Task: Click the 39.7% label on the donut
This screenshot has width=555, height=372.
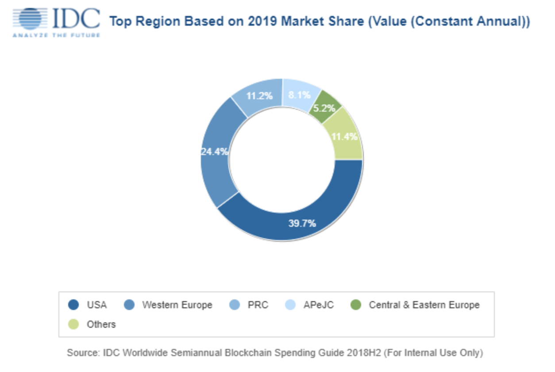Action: (x=303, y=224)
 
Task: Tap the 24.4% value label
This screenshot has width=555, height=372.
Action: (x=215, y=152)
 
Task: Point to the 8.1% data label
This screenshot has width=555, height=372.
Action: (x=300, y=95)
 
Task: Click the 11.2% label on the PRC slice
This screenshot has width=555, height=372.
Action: (x=259, y=96)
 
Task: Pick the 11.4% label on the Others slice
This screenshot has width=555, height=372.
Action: (x=344, y=136)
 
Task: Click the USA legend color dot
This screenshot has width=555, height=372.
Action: (x=73, y=305)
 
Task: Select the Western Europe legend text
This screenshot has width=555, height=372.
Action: (x=177, y=305)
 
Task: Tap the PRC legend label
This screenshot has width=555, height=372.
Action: (x=258, y=305)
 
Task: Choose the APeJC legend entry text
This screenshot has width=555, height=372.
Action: (x=319, y=305)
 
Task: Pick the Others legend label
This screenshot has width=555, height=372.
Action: (x=101, y=324)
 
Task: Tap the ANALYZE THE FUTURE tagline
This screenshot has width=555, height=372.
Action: (x=56, y=35)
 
